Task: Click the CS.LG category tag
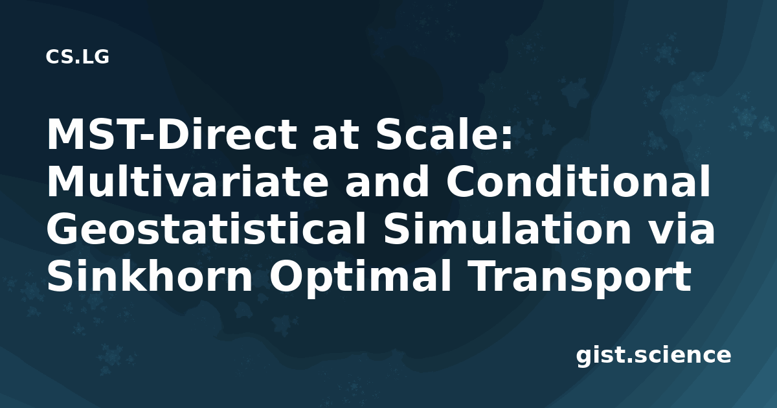tap(77, 57)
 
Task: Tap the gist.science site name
tap(653, 356)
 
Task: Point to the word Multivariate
tap(188, 182)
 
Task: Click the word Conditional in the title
tap(578, 182)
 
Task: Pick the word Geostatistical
tap(207, 229)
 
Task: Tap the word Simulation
tap(507, 229)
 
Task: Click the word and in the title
tap(387, 182)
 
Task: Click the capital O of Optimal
tap(287, 276)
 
